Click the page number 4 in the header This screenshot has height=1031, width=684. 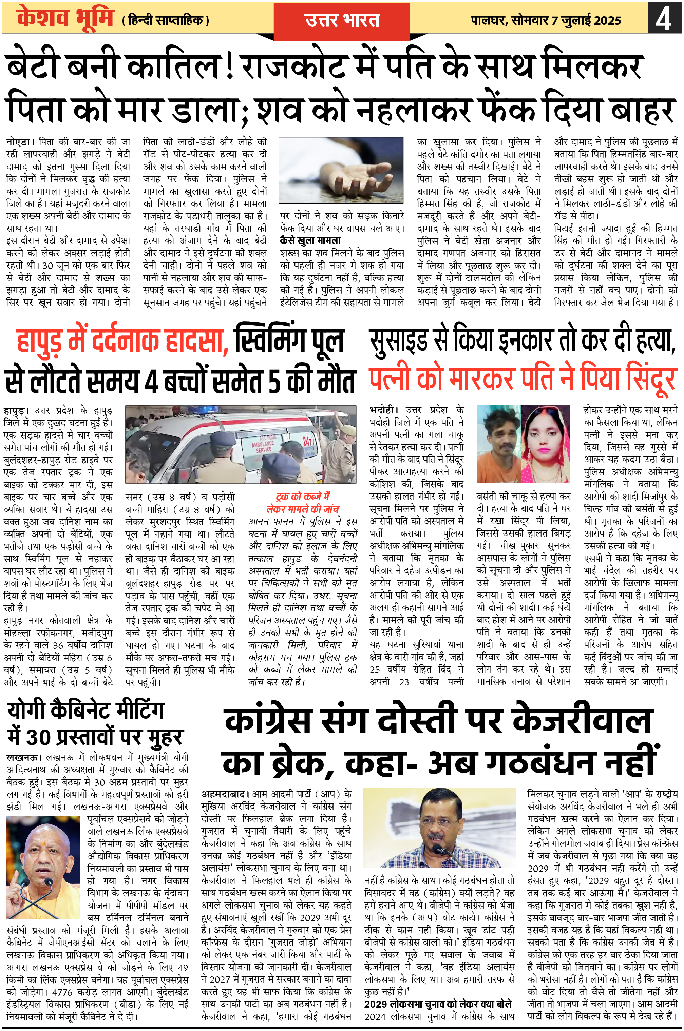[664, 18]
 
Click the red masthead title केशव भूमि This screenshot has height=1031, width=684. [65, 18]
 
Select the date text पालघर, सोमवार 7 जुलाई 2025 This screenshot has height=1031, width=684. [545, 20]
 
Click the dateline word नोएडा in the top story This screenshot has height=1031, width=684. [18, 142]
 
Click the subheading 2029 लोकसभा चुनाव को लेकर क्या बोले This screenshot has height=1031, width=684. [438, 1004]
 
